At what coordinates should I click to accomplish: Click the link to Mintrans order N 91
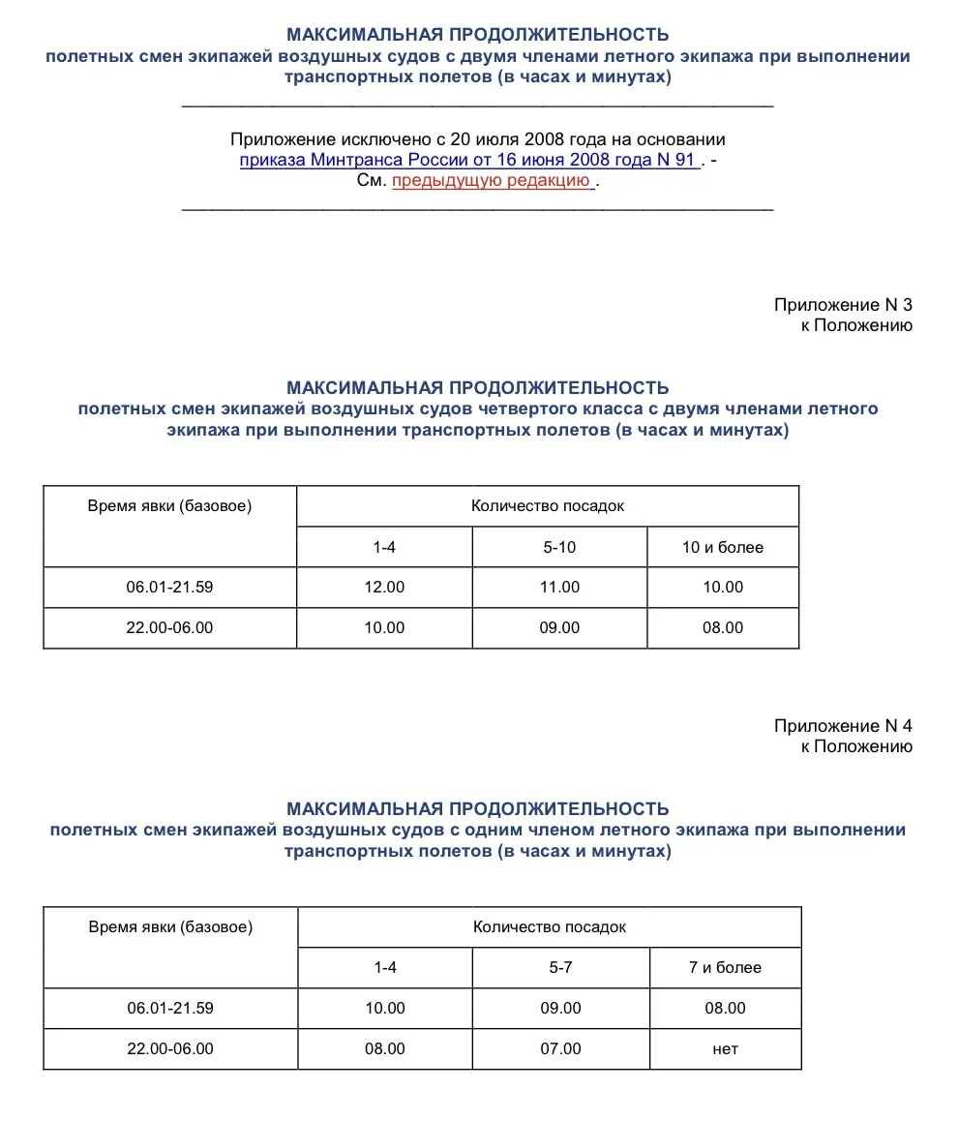pyautogui.click(x=468, y=160)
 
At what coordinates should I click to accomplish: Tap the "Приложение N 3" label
pyautogui.click(x=842, y=305)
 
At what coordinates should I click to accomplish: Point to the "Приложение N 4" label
pyautogui.click(x=842, y=726)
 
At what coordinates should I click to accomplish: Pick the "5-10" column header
pyautogui.click(x=559, y=547)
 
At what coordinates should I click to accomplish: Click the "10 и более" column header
pyautogui.click(x=723, y=547)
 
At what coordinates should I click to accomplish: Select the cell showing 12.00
pyautogui.click(x=384, y=587)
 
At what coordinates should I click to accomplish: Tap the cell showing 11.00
pyautogui.click(x=559, y=587)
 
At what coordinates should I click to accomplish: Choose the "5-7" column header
pyautogui.click(x=561, y=967)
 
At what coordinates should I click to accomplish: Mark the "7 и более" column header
pyautogui.click(x=725, y=967)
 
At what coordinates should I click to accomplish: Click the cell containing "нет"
pyautogui.click(x=725, y=1048)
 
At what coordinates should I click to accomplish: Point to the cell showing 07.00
pyautogui.click(x=561, y=1048)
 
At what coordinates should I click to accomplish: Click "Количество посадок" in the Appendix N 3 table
pyautogui.click(x=548, y=506)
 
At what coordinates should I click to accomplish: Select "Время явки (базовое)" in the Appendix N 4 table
pyautogui.click(x=170, y=926)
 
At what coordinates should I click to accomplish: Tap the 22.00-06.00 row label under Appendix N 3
pyautogui.click(x=169, y=627)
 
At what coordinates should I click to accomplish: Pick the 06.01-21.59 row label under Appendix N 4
pyautogui.click(x=170, y=1008)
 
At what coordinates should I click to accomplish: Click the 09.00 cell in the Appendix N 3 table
pyautogui.click(x=559, y=627)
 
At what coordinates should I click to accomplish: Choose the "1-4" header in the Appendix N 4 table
pyautogui.click(x=385, y=967)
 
